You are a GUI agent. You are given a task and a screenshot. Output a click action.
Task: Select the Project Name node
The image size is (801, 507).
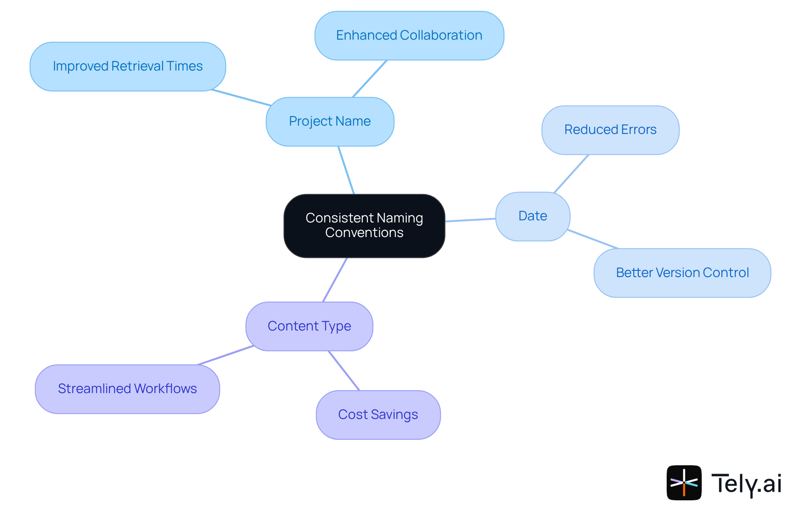(330, 121)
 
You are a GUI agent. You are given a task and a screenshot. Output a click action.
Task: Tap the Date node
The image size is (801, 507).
(532, 216)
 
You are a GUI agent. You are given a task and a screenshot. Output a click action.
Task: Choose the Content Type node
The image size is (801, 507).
(309, 326)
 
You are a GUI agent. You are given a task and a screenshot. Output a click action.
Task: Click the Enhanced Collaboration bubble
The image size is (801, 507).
(409, 35)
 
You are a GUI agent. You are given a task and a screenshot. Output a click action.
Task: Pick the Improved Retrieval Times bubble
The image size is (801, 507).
(128, 66)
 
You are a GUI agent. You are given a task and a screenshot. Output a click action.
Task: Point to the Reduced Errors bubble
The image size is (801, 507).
(610, 130)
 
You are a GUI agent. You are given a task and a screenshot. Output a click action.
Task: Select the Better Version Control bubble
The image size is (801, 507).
(682, 273)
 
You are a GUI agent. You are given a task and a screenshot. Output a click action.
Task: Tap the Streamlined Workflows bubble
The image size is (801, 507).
(127, 389)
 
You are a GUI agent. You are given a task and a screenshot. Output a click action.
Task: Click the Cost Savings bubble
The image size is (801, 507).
(378, 415)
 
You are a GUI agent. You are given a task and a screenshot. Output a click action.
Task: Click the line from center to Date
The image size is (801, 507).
(470, 220)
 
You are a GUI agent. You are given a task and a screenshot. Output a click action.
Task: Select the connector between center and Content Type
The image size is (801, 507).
(335, 280)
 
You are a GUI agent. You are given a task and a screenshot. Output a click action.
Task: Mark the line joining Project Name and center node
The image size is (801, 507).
(346, 170)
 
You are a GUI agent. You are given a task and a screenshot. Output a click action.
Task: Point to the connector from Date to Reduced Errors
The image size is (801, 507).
(571, 174)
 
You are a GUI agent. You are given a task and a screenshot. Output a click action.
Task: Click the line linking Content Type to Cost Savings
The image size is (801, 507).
(344, 371)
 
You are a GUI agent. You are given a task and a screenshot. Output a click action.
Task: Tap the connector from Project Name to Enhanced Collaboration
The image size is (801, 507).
(370, 79)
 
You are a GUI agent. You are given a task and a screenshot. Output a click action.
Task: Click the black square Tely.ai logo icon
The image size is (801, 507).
(684, 482)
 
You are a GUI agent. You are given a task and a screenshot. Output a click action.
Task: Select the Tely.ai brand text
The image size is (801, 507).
(746, 484)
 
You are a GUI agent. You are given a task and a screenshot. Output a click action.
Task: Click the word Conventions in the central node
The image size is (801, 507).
(364, 233)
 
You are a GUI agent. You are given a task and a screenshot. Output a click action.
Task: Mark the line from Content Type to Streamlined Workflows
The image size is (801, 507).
(225, 356)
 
